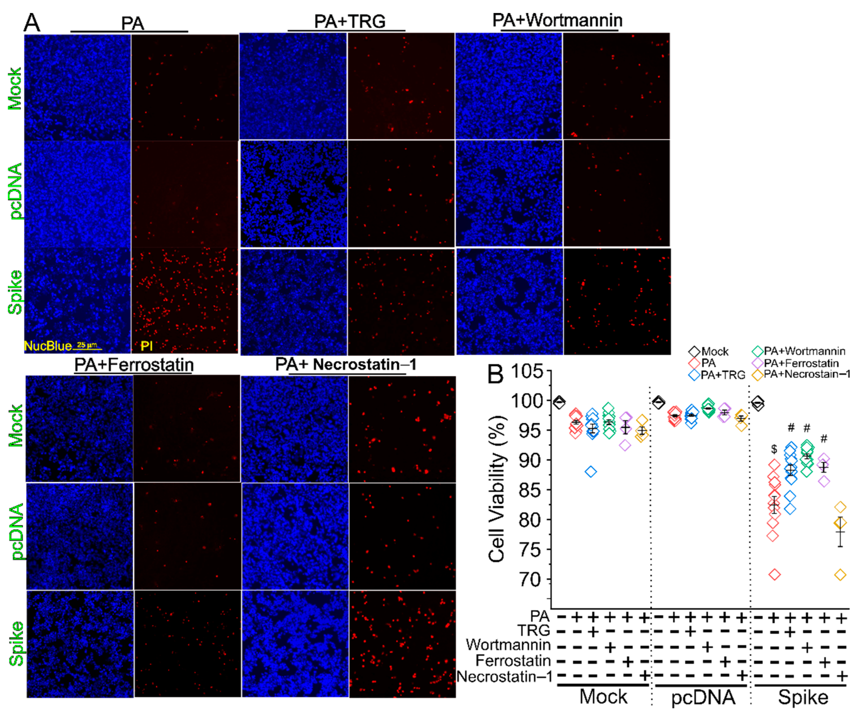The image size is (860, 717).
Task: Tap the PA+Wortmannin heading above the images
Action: (557, 20)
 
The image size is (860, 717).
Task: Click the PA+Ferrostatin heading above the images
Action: (134, 364)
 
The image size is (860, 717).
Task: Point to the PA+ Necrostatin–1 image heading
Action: (346, 364)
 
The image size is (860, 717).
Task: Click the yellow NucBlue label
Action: (47, 346)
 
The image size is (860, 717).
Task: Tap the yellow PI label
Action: (147, 346)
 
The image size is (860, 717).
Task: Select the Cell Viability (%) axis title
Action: (496, 489)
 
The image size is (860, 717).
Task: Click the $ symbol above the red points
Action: (774, 449)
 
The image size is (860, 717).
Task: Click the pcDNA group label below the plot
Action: (703, 696)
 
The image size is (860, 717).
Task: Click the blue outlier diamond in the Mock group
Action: (591, 471)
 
